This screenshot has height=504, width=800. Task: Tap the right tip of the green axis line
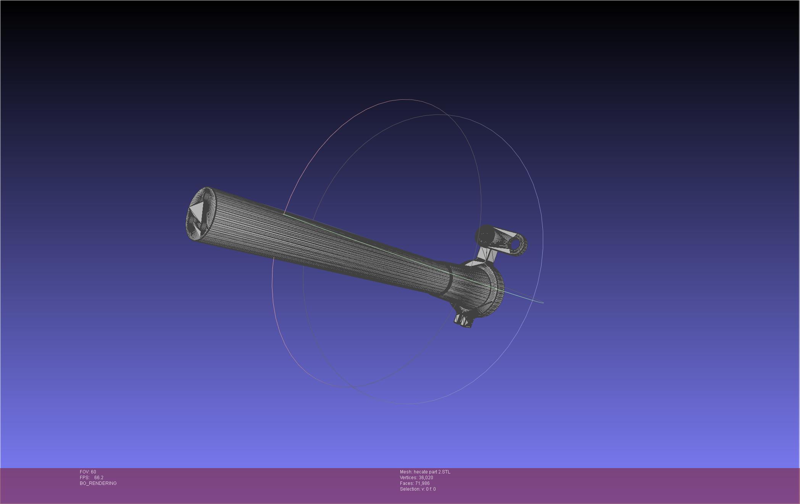[543, 303]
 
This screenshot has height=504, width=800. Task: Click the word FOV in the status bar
[85, 472]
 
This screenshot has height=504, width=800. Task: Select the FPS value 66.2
[99, 478]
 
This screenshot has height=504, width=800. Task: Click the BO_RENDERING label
[98, 483]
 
